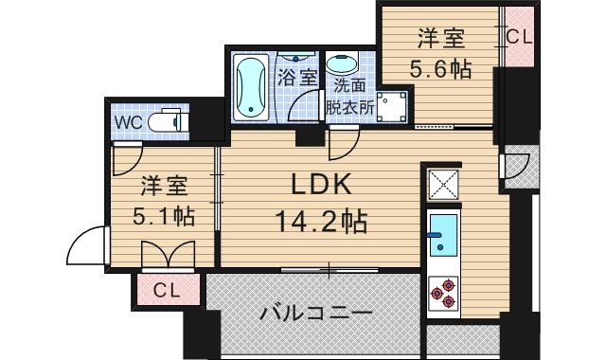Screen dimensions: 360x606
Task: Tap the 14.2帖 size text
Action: pyautogui.click(x=319, y=224)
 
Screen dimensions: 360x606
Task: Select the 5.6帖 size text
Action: pyautogui.click(x=441, y=69)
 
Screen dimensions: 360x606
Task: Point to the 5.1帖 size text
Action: pyautogui.click(x=165, y=215)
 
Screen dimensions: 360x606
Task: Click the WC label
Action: pyautogui.click(x=128, y=122)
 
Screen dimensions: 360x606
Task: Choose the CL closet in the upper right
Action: pyautogui.click(x=519, y=38)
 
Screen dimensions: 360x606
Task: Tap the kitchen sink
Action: pyautogui.click(x=442, y=237)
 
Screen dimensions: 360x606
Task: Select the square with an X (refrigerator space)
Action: pyautogui.click(x=443, y=183)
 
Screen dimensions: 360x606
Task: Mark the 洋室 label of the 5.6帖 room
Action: pyautogui.click(x=441, y=40)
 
